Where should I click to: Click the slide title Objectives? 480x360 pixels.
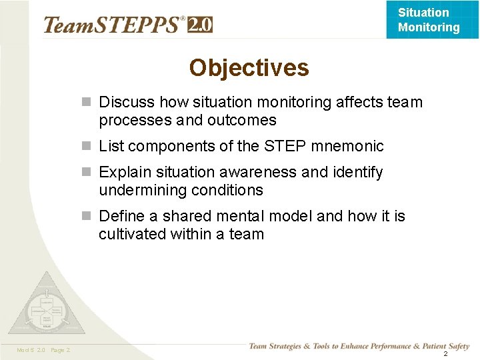pos(249,68)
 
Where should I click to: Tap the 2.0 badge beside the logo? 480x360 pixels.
pos(200,25)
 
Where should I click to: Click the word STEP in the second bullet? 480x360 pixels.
pos(286,146)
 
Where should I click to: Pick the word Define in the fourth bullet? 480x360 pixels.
pos(121,217)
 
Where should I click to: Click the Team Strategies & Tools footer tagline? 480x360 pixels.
pos(359,346)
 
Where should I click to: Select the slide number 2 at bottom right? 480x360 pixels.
pos(445,353)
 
